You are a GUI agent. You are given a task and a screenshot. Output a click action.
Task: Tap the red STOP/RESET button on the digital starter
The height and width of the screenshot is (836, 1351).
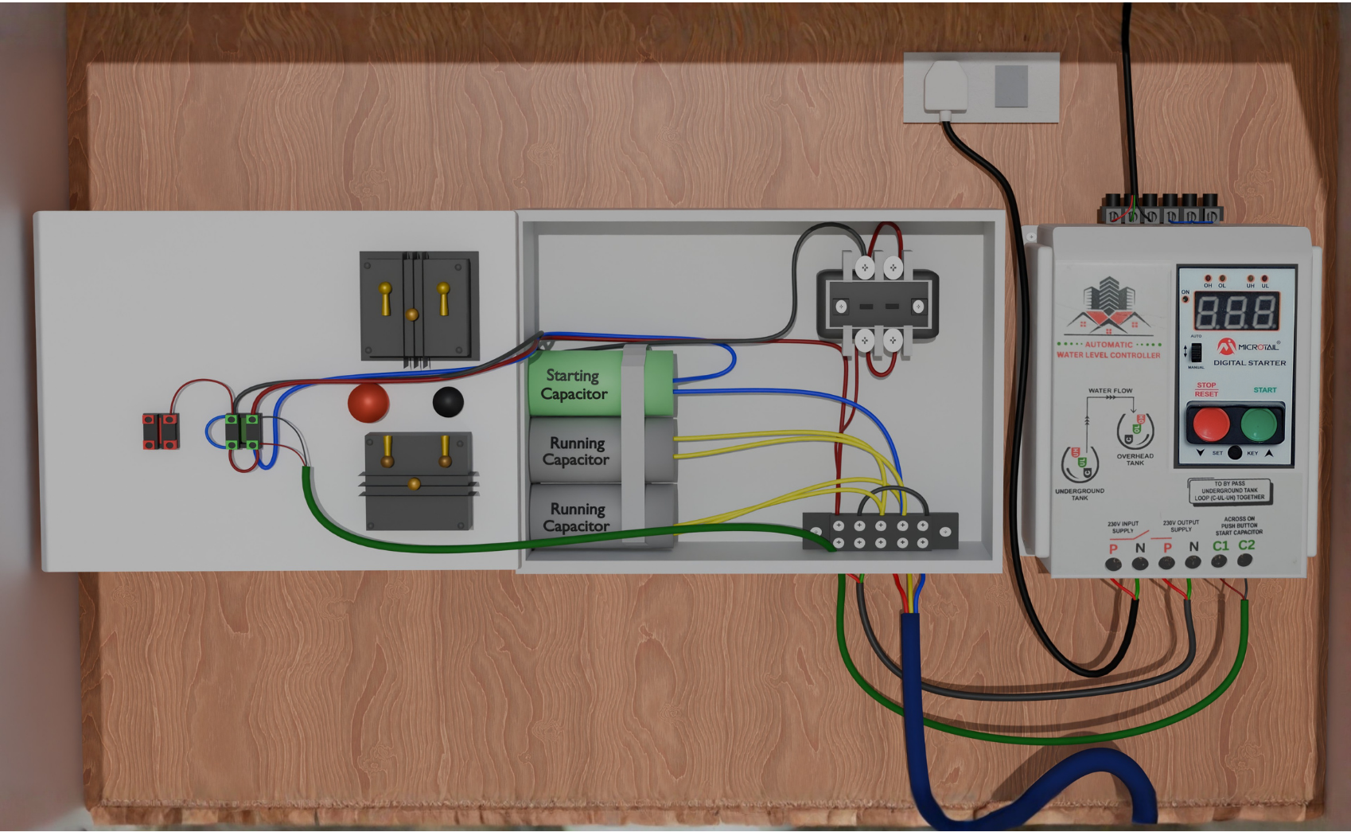point(1210,424)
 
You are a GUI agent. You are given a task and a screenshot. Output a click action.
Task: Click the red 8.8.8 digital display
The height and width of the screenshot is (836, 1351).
point(1236,311)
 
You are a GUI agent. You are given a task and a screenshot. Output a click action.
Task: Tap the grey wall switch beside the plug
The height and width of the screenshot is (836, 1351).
point(1011,86)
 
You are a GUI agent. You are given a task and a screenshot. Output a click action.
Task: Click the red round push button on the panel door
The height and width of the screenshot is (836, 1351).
point(368,401)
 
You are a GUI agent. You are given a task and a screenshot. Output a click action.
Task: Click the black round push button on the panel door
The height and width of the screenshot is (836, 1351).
point(448,401)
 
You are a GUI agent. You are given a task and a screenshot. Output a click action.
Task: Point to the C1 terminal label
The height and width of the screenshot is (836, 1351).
point(1221,546)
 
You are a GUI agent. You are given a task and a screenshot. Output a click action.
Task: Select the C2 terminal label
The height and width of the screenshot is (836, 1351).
point(1247,545)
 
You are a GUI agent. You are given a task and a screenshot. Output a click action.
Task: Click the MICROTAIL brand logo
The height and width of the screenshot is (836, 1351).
point(1248,346)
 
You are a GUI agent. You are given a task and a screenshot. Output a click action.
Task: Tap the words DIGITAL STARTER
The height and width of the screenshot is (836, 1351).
point(1249,363)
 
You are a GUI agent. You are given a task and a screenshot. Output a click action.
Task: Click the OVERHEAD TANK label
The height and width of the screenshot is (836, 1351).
point(1135,459)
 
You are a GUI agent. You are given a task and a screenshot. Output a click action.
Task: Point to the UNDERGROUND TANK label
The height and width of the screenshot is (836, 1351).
point(1079,494)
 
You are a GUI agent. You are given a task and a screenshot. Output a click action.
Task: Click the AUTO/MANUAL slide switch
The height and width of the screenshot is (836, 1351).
point(1196,351)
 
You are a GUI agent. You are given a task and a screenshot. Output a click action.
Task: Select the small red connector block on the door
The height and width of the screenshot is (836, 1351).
point(161,431)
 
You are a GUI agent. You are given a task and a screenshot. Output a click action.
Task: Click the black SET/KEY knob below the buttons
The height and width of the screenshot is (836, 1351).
point(1234,453)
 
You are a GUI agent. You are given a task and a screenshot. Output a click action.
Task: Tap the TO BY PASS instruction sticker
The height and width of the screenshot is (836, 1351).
point(1229,490)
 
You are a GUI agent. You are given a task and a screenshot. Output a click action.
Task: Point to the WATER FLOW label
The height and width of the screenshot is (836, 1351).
point(1110,391)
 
